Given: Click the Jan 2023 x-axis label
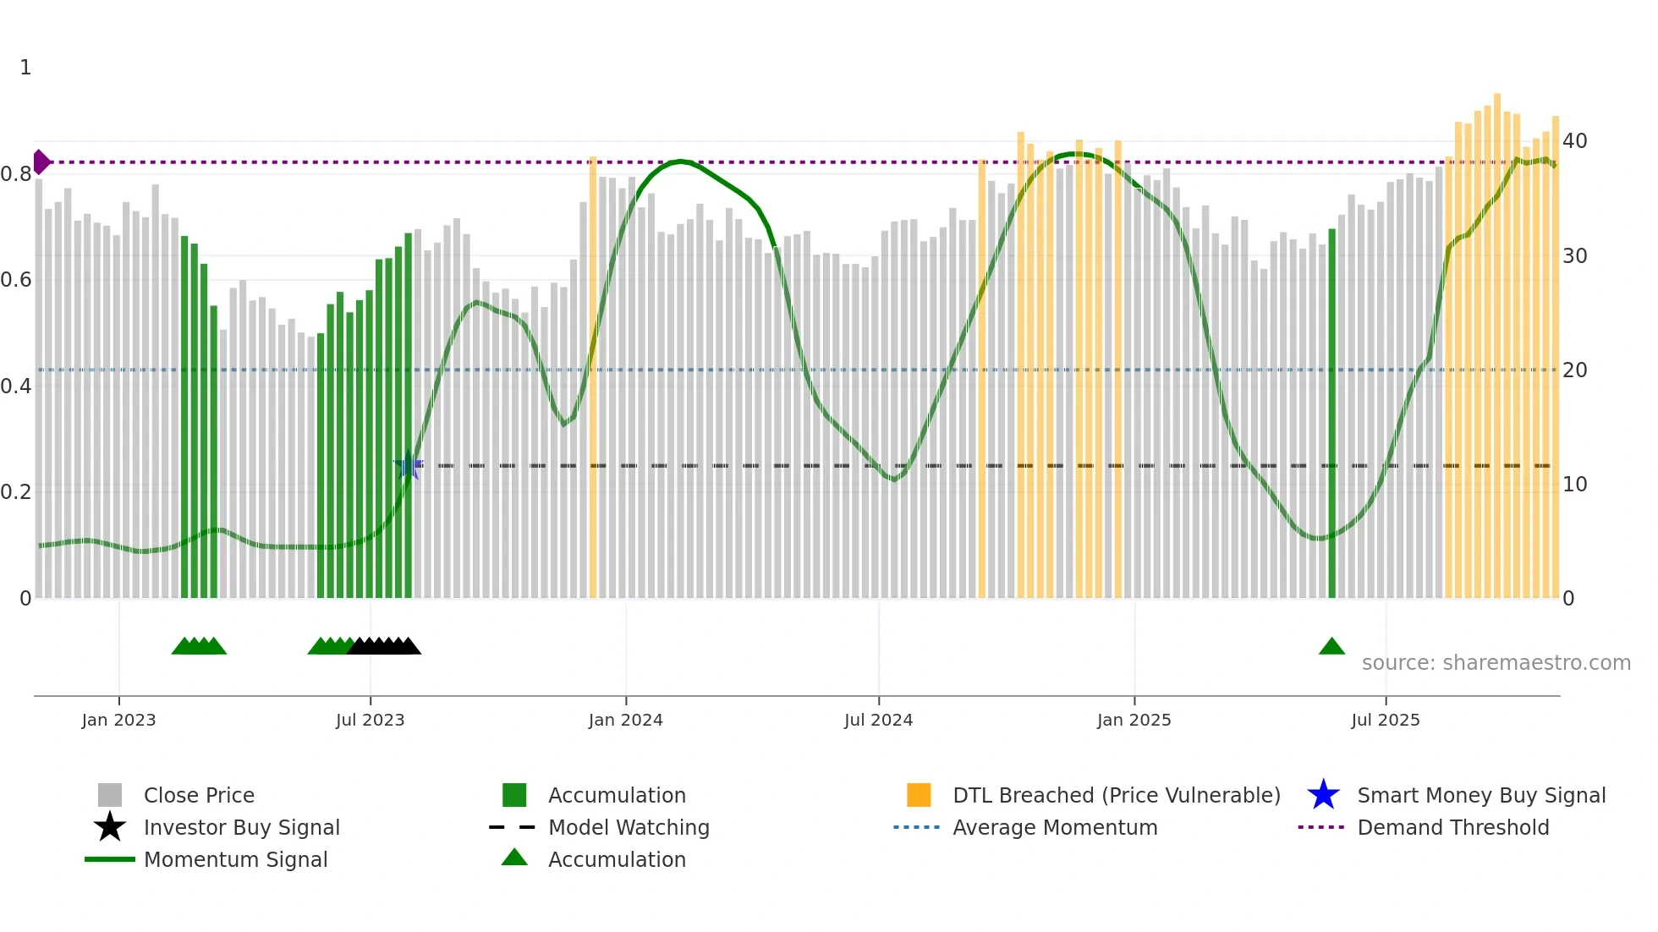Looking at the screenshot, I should click(118, 720).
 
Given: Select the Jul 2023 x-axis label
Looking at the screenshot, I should click(370, 720).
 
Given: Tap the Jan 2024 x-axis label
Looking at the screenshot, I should click(625, 720).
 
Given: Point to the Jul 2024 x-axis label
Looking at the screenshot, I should click(878, 720).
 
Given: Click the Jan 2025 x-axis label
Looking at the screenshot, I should click(1134, 720).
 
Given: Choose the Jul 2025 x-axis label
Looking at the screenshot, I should click(1385, 720).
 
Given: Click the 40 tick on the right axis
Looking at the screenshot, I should click(1574, 141).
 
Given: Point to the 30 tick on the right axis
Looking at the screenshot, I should click(1574, 256).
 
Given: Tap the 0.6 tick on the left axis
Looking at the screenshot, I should click(16, 280).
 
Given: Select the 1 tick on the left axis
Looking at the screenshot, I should click(25, 68).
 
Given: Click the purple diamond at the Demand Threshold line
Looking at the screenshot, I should click(41, 162).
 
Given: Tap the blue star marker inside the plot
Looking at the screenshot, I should click(409, 465).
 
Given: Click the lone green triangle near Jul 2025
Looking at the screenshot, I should click(1331, 647).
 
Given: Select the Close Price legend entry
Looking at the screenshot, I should click(198, 795).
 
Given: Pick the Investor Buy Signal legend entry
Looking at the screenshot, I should click(241, 827).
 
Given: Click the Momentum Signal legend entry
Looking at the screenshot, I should click(235, 859).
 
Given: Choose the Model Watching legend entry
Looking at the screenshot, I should click(628, 827).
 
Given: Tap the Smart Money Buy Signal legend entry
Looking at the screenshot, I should click(1480, 795).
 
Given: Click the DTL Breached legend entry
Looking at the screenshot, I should click(1116, 795).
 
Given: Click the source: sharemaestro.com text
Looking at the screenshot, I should click(1496, 663).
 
